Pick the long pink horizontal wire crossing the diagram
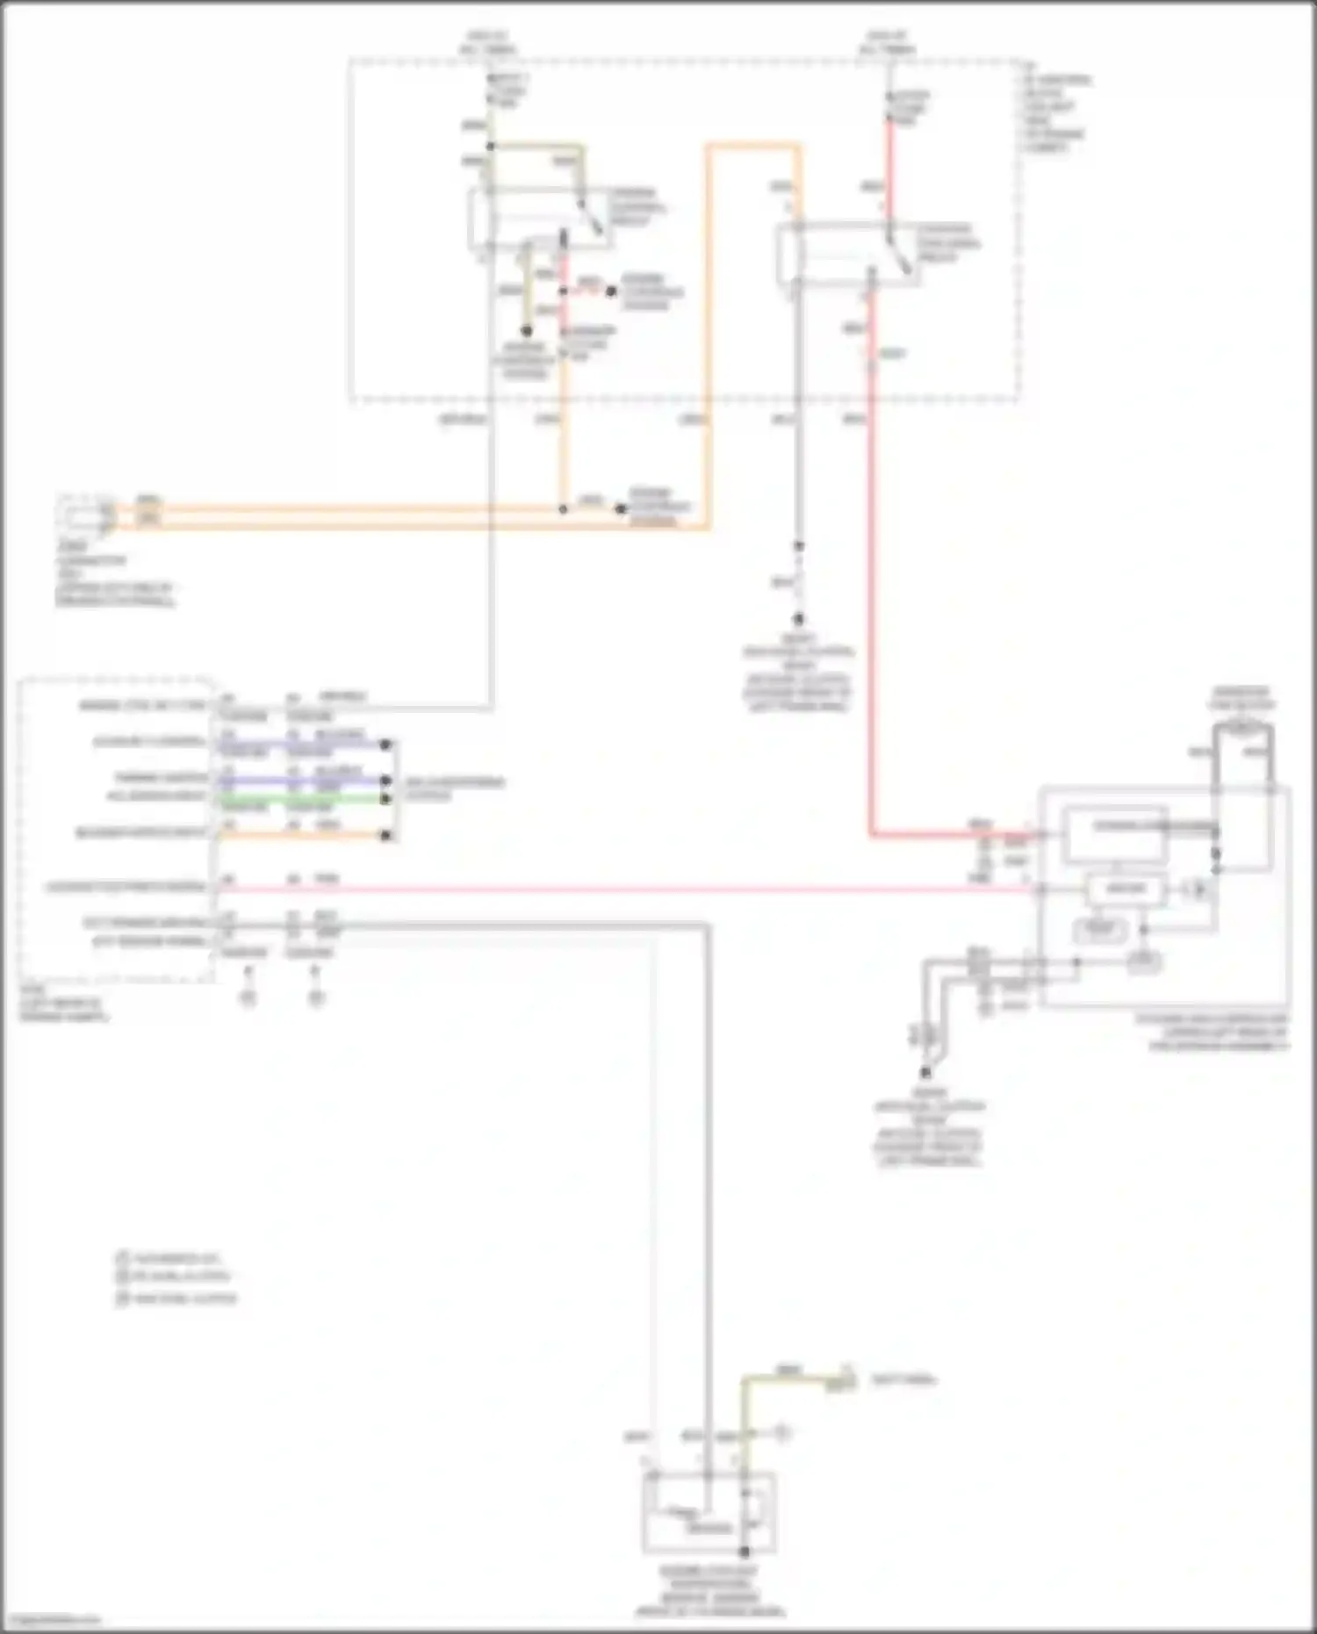[x=615, y=889]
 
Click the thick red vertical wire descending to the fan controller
[x=871, y=571]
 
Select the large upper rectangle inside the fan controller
[x=1115, y=831]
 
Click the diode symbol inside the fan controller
[x=1199, y=889]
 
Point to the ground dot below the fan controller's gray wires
[x=925, y=1072]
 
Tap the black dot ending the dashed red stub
[x=611, y=291]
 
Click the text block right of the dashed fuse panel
[x=1057, y=113]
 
